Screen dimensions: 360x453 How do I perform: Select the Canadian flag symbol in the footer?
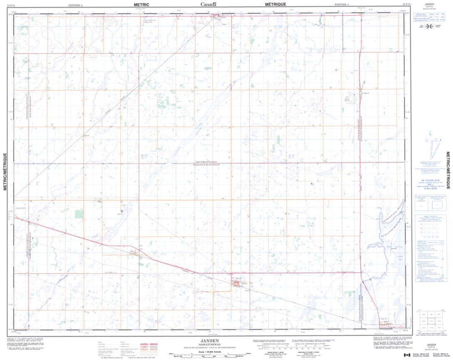pyautogui.click(x=407, y=355)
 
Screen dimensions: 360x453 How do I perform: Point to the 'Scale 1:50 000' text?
pyautogui.click(x=210, y=352)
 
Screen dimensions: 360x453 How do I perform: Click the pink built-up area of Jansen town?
pyautogui.click(x=238, y=284)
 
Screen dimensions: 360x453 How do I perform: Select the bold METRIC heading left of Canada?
pyautogui.click(x=142, y=4)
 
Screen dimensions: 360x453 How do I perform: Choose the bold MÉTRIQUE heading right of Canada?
pyautogui.click(x=275, y=4)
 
